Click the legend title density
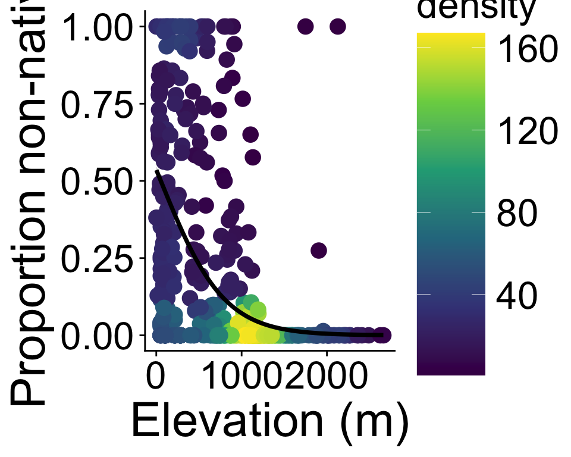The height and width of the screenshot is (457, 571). click(x=476, y=11)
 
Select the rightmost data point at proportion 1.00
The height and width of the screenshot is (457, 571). click(x=338, y=27)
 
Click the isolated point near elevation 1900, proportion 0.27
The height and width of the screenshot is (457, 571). click(x=319, y=251)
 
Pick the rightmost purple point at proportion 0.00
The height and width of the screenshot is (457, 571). click(x=383, y=336)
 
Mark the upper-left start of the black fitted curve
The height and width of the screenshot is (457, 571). click(x=157, y=172)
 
